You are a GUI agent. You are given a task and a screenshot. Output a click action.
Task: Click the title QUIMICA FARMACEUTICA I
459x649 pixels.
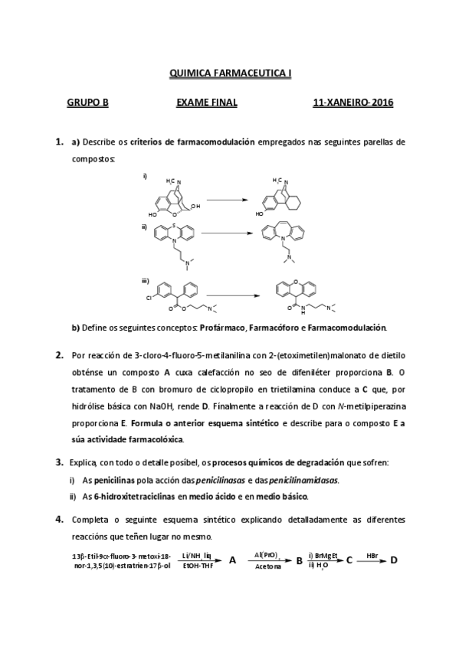pos(230,74)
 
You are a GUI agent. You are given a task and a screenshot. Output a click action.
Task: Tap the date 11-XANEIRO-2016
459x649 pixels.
pos(353,102)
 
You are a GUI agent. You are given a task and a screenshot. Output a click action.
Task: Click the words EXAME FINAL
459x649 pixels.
pos(207,102)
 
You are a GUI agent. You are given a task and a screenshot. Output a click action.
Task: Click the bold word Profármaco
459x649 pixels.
pos(224,328)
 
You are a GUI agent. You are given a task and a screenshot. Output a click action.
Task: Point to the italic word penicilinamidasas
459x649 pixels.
pos(305,480)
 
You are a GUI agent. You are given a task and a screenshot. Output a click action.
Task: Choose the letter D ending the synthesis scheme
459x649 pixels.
pos(394,559)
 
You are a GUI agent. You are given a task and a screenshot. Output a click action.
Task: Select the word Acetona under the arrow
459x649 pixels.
pos(268,567)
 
